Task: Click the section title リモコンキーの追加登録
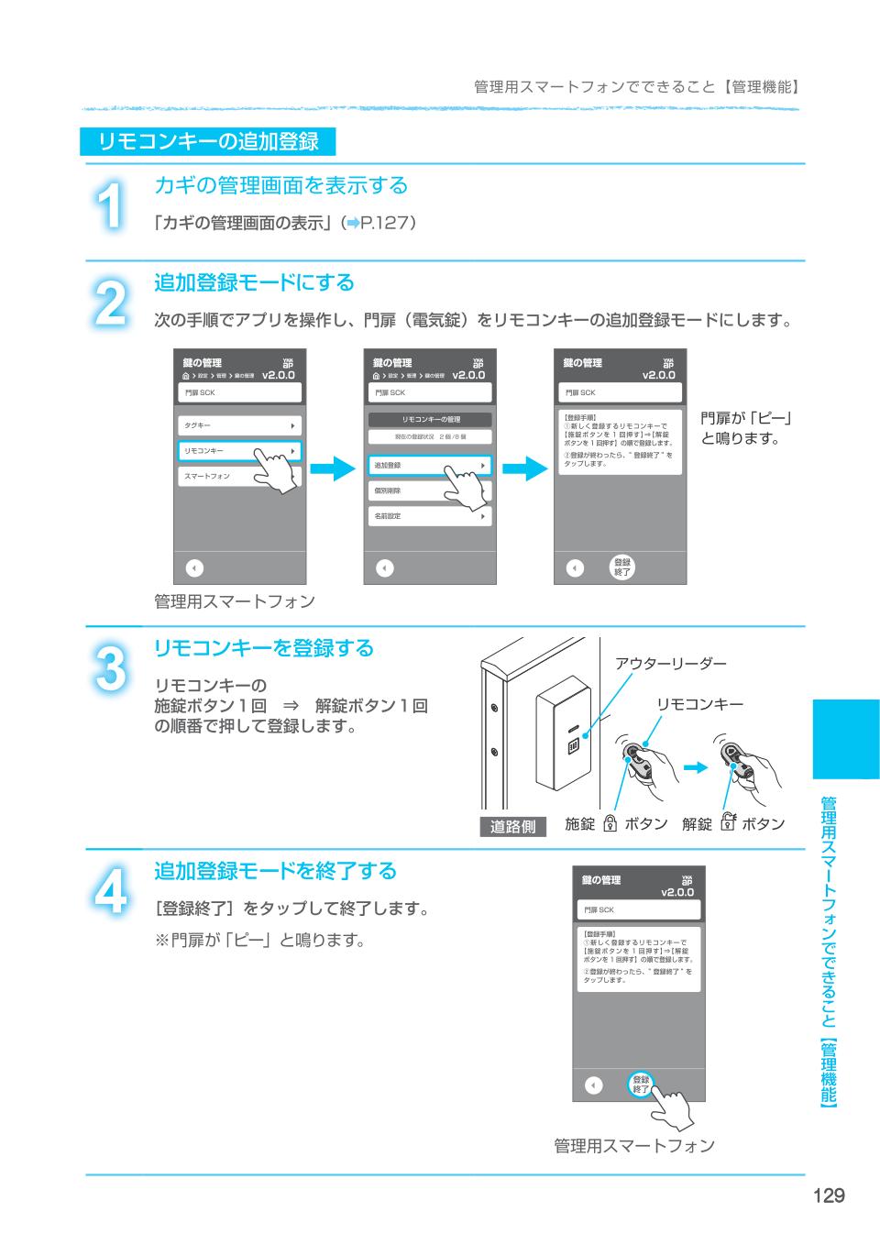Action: [x=208, y=141]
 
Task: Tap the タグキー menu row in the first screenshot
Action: [x=238, y=426]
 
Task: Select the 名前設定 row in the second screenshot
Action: [x=430, y=517]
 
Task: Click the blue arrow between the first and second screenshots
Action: [x=332, y=468]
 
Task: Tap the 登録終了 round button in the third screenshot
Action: [x=622, y=567]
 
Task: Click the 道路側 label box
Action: [x=512, y=826]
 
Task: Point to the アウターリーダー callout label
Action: [x=671, y=663]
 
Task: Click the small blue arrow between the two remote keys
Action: [x=698, y=766]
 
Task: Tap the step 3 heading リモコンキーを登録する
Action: [x=264, y=648]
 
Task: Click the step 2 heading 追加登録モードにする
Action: [x=254, y=282]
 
